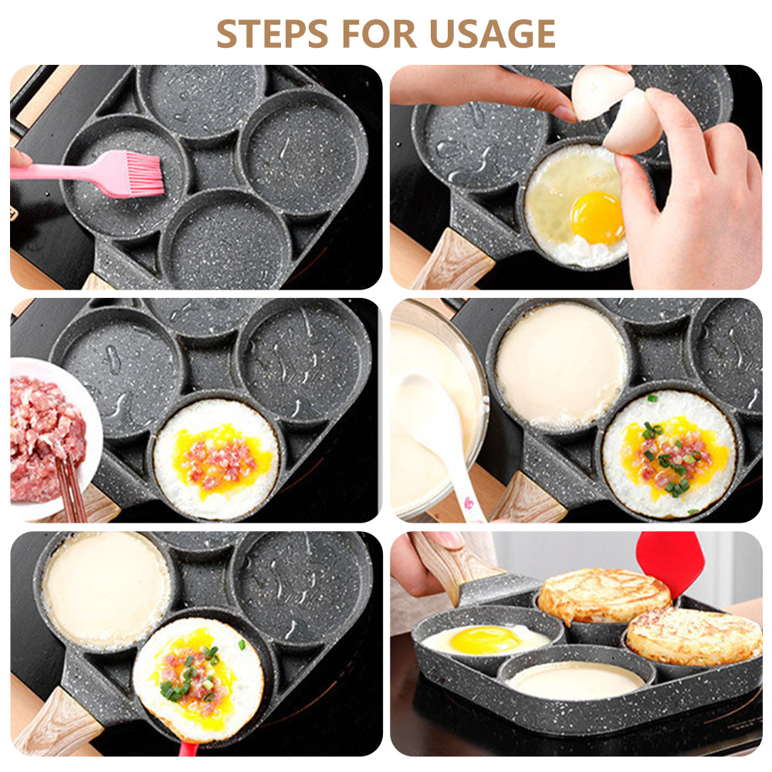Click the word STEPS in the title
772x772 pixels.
click(273, 33)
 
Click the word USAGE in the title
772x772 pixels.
click(493, 33)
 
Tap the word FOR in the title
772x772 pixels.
click(379, 33)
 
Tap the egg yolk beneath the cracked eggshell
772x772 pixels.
click(598, 218)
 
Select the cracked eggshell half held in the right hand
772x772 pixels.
click(633, 122)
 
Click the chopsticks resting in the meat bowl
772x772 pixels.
click(71, 487)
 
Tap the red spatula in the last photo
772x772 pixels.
click(671, 561)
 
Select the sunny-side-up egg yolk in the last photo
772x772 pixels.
click(485, 640)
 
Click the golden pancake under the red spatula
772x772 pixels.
click(604, 596)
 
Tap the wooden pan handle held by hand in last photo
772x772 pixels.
click(455, 566)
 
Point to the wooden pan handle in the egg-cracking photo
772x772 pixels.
click(453, 260)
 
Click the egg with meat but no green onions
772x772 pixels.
click(216, 459)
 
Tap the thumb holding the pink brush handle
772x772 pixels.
click(20, 158)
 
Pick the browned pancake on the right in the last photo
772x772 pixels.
click(694, 636)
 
